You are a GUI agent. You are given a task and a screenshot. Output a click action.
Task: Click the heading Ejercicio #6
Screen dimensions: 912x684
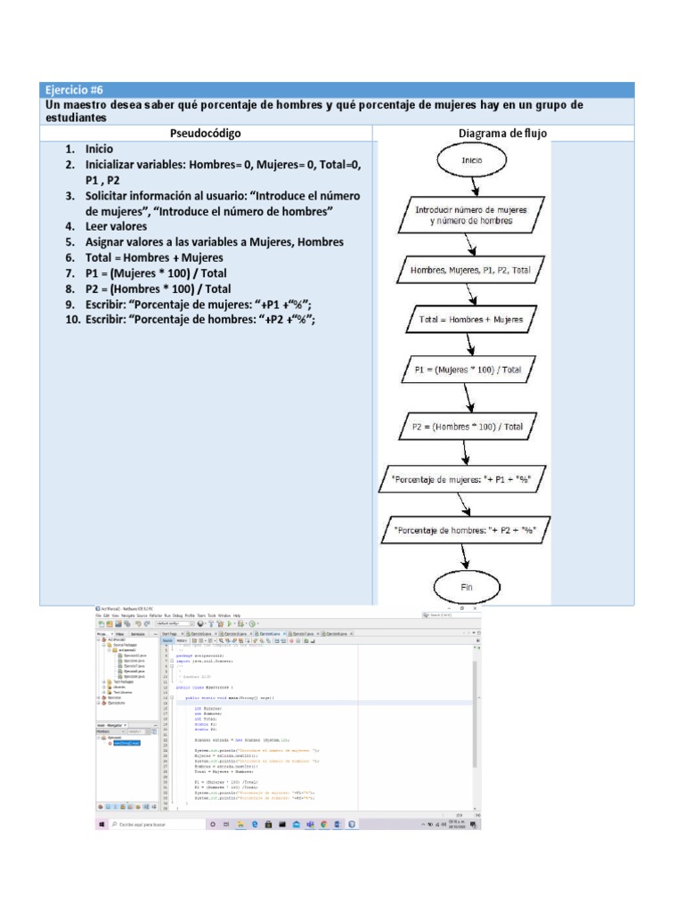(x=75, y=90)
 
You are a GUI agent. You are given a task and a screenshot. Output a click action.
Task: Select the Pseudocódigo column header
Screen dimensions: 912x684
(x=205, y=134)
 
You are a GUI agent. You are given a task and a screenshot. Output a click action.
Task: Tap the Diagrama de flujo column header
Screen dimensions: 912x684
(x=502, y=134)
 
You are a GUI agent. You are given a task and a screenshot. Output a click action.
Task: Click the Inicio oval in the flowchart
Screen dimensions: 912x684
(x=471, y=162)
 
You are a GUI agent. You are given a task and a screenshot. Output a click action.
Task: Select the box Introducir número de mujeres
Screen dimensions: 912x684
(x=471, y=216)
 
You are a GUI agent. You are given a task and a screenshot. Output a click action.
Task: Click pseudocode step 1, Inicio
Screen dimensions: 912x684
(x=100, y=150)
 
